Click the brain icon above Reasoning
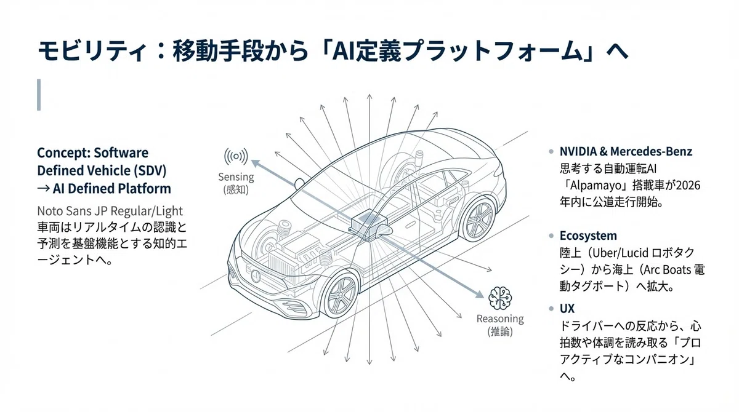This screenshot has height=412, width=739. pyautogui.click(x=500, y=298)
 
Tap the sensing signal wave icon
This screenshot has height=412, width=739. pyautogui.click(x=236, y=156)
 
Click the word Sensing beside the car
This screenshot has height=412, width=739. pyautogui.click(x=236, y=177)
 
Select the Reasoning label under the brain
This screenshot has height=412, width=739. pyautogui.click(x=500, y=319)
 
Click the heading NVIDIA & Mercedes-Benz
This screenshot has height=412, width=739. pyautogui.click(x=626, y=151)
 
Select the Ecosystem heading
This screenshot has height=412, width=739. pyautogui.click(x=588, y=236)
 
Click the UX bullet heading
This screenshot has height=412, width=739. pyautogui.click(x=567, y=309)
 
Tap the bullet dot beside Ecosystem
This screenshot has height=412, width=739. pyautogui.click(x=551, y=236)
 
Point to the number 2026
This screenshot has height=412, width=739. pyautogui.click(x=689, y=186)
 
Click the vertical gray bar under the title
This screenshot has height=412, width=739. pyautogui.click(x=39, y=95)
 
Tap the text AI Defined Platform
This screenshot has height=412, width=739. pyautogui.click(x=112, y=189)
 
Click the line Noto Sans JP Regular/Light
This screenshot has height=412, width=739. pyautogui.click(x=110, y=211)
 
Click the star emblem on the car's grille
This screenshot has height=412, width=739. pyautogui.click(x=256, y=275)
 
